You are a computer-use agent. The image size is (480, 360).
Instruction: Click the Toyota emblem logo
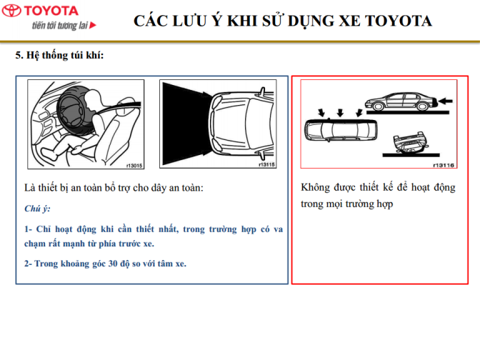(x=11, y=11)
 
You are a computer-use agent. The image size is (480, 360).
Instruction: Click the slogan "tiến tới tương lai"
(x=60, y=25)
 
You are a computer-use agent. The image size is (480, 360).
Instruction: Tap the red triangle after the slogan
(x=93, y=25)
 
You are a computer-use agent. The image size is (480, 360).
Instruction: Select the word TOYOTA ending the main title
(x=398, y=21)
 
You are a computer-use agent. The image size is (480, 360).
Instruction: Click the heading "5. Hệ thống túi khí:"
(x=60, y=55)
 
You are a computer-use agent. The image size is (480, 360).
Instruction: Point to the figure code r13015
(x=134, y=166)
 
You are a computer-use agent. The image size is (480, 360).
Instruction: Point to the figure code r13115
(x=266, y=164)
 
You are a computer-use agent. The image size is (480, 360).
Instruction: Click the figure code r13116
(x=444, y=165)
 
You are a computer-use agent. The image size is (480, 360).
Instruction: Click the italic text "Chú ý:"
(x=37, y=209)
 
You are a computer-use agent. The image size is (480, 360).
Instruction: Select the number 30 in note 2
(x=113, y=264)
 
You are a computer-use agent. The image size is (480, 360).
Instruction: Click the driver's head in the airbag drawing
(x=92, y=98)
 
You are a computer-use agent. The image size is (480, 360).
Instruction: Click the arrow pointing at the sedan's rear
(x=445, y=101)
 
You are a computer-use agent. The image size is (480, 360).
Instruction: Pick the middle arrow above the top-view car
(x=340, y=112)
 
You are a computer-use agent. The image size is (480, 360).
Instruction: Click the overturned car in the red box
(x=410, y=142)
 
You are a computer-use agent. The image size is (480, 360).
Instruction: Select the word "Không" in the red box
(x=315, y=187)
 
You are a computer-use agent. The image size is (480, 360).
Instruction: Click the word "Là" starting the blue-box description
(x=30, y=187)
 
